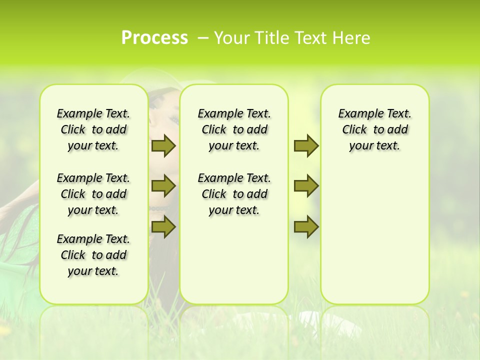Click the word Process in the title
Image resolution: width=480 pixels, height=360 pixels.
[154, 37]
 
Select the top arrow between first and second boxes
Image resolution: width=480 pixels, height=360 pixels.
[163, 145]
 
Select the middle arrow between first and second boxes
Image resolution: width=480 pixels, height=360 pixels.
[163, 186]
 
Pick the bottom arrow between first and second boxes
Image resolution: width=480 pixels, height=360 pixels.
[163, 226]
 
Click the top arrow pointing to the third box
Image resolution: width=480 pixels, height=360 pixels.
[306, 145]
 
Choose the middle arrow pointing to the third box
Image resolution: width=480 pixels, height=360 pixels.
[306, 186]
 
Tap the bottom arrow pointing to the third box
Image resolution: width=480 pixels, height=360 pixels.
[306, 226]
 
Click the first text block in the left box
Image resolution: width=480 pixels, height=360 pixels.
[93, 129]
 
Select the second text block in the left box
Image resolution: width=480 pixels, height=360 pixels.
[93, 194]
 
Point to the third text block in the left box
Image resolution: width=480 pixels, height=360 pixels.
[93, 255]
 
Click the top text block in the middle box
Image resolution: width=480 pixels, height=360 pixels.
[234, 129]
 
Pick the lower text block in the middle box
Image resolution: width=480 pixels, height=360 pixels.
[234, 194]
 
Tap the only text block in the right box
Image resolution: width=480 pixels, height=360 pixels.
[374, 129]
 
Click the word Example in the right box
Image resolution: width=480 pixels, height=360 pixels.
[357, 113]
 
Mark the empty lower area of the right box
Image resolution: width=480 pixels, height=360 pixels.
[374, 230]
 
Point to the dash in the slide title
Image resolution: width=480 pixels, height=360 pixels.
[202, 38]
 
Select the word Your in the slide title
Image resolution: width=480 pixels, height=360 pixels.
[230, 37]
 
